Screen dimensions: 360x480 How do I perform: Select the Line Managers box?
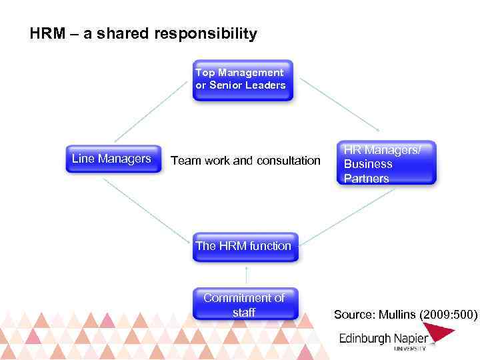(x=113, y=159)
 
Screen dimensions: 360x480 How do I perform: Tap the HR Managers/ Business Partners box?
(x=386, y=163)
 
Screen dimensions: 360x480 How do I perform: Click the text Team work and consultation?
(x=246, y=160)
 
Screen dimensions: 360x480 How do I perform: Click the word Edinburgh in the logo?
(x=363, y=338)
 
